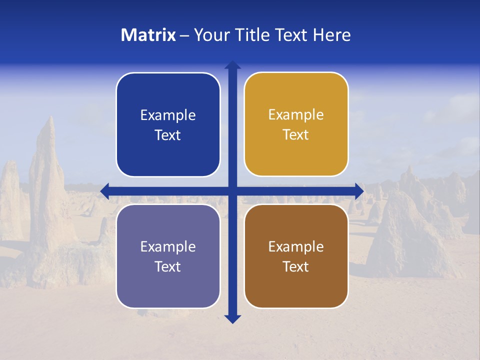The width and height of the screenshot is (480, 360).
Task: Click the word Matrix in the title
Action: (148, 35)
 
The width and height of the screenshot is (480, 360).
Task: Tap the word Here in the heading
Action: (331, 35)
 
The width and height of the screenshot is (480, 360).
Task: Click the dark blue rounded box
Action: (168, 124)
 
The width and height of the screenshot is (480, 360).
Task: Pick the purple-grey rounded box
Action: (168, 256)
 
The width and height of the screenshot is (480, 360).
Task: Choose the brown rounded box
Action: (296, 256)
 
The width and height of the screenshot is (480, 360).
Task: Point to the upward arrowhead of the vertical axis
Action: (232, 64)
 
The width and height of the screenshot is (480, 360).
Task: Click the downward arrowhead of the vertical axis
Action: (232, 319)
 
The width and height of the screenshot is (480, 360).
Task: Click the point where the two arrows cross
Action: (232, 190)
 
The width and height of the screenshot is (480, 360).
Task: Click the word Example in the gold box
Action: (296, 114)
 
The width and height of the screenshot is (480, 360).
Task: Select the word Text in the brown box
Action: (296, 266)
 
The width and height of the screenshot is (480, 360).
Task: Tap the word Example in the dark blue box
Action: (168, 115)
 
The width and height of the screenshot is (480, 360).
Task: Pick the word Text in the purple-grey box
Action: (168, 266)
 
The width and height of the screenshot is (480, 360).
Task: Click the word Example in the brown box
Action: (296, 246)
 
